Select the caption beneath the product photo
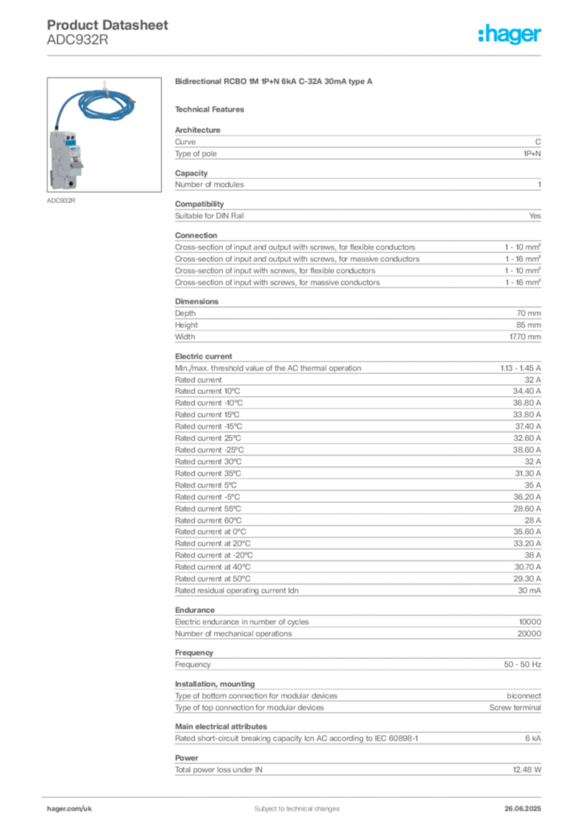(61, 201)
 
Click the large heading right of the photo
(274, 82)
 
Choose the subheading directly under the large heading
(213, 109)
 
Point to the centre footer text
(291, 805)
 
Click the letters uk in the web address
(89, 806)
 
